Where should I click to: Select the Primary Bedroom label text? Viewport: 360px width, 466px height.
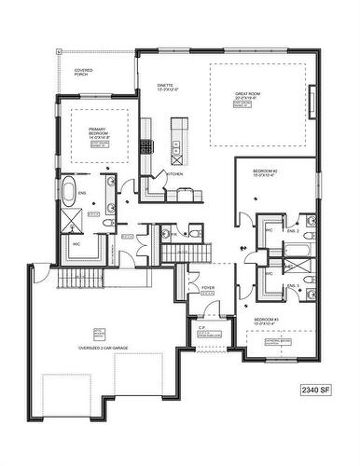(98, 131)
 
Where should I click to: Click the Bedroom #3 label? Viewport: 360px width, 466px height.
(267, 322)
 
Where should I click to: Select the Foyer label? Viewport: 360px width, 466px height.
(207, 288)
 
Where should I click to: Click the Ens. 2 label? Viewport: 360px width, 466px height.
(292, 229)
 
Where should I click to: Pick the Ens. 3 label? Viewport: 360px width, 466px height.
(292, 286)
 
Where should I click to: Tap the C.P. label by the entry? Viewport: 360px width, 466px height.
(202, 327)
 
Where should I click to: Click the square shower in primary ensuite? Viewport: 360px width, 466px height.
(71, 222)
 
